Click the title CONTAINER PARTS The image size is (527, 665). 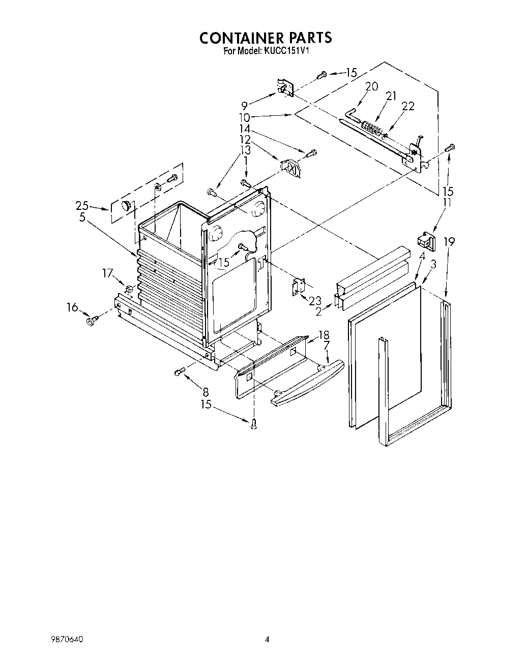265,38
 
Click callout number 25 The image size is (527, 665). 82,205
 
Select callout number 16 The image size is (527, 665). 73,307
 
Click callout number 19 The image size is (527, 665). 448,242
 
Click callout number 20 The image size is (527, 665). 371,86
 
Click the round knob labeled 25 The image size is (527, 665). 125,205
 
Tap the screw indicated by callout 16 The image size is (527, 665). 92,320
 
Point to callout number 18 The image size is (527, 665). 324,335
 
